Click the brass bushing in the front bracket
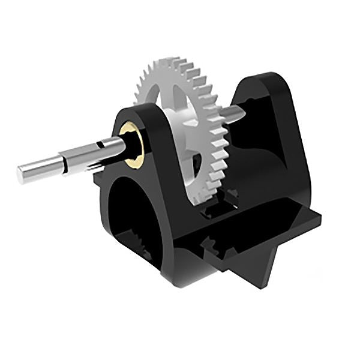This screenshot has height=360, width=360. coord(132,143)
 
